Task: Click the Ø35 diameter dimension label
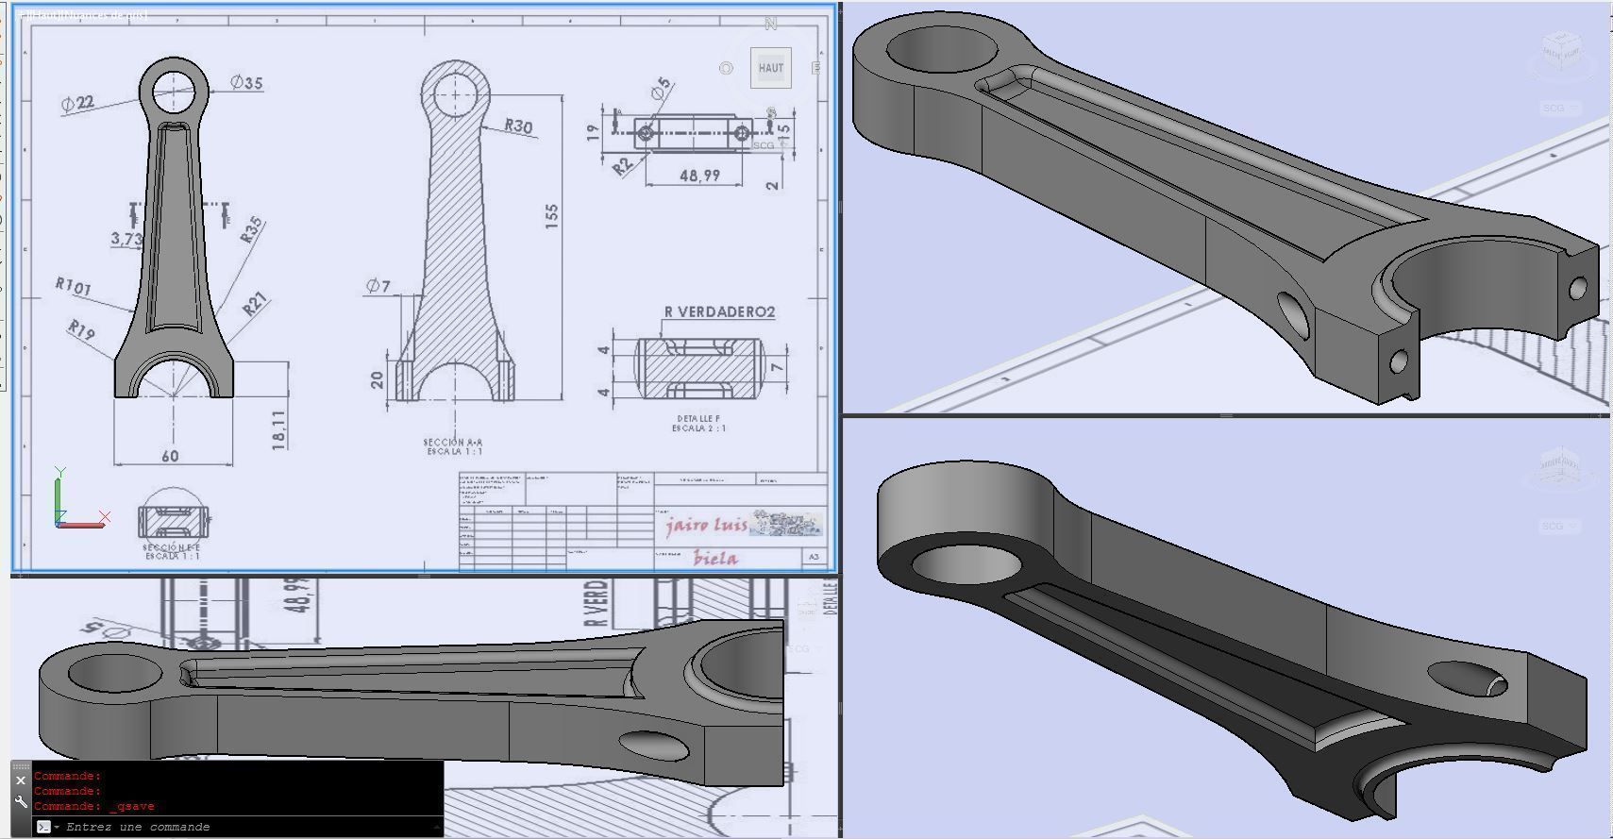(247, 83)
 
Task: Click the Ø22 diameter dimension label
(78, 103)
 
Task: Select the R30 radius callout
(518, 126)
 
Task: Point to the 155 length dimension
(551, 215)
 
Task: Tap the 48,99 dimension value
(699, 176)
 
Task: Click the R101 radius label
(73, 286)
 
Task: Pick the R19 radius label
(81, 330)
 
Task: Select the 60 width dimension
(170, 457)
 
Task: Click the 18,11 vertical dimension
(279, 429)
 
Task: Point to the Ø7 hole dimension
(378, 286)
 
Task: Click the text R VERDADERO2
(719, 311)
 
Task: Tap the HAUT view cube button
(770, 68)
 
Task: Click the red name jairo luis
(706, 525)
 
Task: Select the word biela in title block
(715, 558)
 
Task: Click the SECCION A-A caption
(454, 442)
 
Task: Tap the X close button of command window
(21, 780)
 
